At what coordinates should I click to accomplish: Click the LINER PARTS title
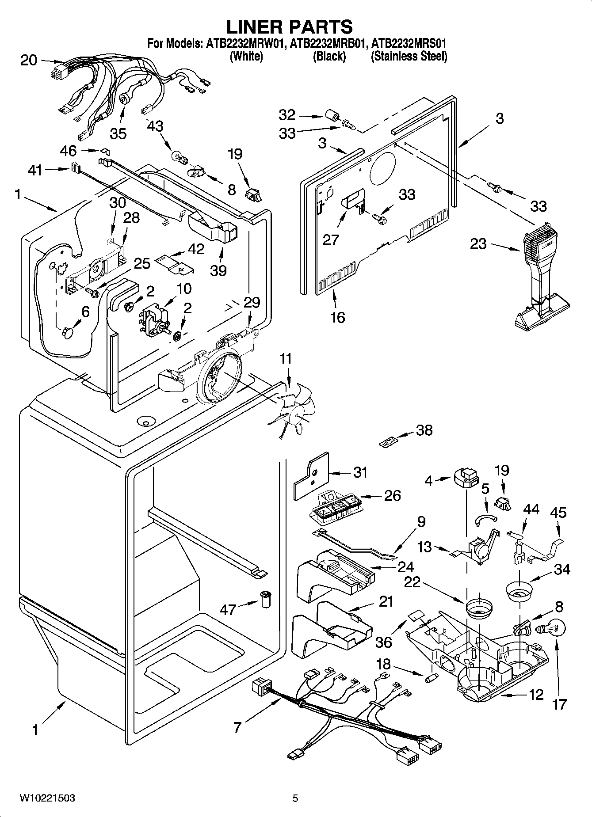coord(290,27)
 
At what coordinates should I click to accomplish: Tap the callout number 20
coord(29,60)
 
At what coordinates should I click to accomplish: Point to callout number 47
coord(228,610)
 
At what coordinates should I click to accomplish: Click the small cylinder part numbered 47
coord(266,600)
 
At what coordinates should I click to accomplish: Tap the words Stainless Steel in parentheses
coord(409,57)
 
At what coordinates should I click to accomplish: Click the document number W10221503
coord(47,798)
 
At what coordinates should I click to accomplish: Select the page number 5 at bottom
coord(295,798)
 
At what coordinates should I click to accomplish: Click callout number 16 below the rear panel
coord(337,317)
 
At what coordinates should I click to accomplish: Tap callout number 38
coord(424,430)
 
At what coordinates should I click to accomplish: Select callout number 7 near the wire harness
coord(237,726)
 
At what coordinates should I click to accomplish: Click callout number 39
coord(218,270)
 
